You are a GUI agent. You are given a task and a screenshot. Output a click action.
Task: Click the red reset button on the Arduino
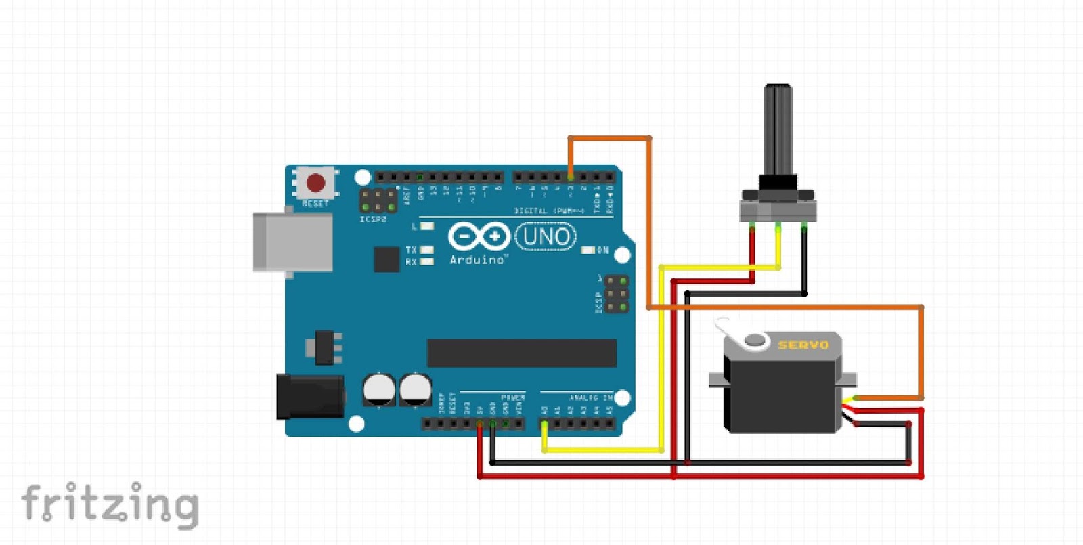pyautogui.click(x=315, y=182)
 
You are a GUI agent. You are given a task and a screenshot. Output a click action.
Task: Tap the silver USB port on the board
pyautogui.click(x=293, y=242)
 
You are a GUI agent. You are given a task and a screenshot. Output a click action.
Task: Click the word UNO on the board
pyautogui.click(x=546, y=237)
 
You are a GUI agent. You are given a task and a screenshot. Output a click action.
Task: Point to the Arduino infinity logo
pyautogui.click(x=479, y=236)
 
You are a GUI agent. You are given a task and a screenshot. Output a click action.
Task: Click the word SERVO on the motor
pyautogui.click(x=803, y=345)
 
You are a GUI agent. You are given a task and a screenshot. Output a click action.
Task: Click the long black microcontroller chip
pyautogui.click(x=521, y=353)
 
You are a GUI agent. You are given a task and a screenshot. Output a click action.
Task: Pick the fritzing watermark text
pyautogui.click(x=110, y=504)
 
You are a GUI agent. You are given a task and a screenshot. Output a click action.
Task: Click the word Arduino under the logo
pyautogui.click(x=477, y=260)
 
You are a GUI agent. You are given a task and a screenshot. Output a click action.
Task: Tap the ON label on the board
pyautogui.click(x=602, y=250)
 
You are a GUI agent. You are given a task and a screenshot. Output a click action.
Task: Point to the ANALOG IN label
pyautogui.click(x=590, y=398)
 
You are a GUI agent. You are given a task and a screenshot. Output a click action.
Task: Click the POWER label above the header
pyautogui.click(x=512, y=397)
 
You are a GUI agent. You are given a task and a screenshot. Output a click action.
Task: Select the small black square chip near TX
pyautogui.click(x=386, y=259)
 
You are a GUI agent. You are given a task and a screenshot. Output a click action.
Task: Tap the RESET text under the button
pyautogui.click(x=315, y=204)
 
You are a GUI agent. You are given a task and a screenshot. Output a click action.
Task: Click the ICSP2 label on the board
pyautogui.click(x=373, y=219)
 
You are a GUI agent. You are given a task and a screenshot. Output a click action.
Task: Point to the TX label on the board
pyautogui.click(x=411, y=250)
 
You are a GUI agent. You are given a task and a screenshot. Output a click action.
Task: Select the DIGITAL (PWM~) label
pyautogui.click(x=549, y=211)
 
